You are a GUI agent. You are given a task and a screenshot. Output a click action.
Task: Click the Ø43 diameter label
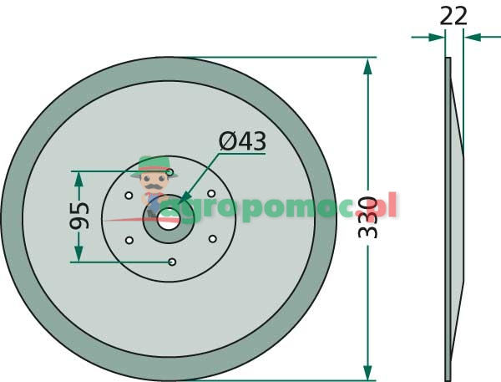[242, 141]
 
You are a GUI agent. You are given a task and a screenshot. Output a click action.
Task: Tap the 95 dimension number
[79, 216]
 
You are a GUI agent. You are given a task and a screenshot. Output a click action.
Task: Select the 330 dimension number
[367, 217]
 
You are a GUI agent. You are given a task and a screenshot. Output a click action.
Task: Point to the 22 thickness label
[453, 16]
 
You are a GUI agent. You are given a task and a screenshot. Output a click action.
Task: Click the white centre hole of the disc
[169, 219]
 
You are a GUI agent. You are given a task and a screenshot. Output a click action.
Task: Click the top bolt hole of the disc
[170, 172]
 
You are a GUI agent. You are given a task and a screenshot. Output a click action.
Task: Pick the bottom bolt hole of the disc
[172, 262]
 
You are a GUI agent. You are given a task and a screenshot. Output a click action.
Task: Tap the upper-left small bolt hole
[129, 195]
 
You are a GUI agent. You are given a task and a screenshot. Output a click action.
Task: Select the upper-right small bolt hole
[211, 194]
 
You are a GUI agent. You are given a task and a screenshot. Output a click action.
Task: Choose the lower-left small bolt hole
[129, 240]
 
